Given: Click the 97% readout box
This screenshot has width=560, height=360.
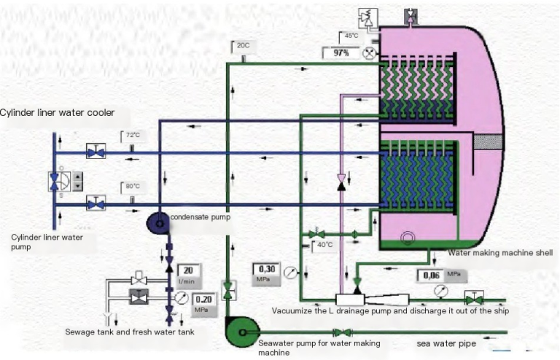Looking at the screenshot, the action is click(341, 52).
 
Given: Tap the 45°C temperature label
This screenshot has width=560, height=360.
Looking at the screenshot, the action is click(351, 36).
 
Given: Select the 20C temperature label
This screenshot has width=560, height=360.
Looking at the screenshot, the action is click(244, 46).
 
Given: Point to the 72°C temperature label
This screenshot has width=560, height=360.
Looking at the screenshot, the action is click(133, 136).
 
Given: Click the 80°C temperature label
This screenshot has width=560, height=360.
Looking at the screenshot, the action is click(133, 187).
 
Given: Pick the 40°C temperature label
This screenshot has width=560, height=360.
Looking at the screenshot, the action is click(324, 245).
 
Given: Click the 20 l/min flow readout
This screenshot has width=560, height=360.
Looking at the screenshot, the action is click(189, 275).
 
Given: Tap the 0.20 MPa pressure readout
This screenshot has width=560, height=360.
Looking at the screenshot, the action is click(204, 304).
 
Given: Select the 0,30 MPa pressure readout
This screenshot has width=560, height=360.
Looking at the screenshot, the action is click(267, 273).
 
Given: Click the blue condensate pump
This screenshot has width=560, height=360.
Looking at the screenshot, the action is click(158, 223).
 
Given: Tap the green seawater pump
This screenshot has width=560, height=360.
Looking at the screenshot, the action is click(243, 332).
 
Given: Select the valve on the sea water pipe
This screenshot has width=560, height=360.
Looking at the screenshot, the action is click(342, 332).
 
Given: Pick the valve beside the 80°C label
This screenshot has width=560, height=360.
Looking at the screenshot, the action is click(96, 203).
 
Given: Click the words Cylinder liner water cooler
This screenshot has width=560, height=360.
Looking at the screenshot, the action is click(57, 113).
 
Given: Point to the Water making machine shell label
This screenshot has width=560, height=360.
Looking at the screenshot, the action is click(500, 253).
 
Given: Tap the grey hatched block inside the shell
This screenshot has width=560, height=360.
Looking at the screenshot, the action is click(488, 142).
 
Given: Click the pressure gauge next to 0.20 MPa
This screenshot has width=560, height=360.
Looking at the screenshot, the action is click(182, 297).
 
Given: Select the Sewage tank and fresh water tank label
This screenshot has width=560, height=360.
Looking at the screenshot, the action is click(130, 332).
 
